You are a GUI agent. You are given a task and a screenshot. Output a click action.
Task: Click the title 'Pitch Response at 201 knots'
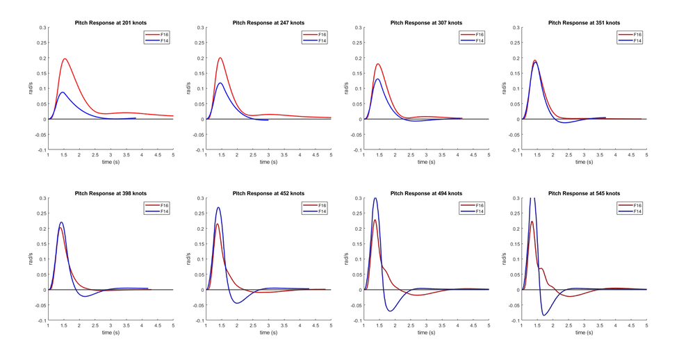tap(111, 22)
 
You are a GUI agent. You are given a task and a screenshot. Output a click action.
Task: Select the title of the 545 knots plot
tap(584, 193)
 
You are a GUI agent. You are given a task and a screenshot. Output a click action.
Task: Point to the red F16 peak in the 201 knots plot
tap(65, 59)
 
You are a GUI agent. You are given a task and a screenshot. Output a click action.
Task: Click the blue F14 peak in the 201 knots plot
tap(63, 92)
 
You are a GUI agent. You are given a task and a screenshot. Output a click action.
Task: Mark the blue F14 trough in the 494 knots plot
tap(391, 311)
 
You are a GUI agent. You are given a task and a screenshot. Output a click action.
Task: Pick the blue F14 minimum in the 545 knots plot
tap(544, 316)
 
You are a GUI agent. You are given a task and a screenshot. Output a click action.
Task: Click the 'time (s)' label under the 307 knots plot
tap(426, 162)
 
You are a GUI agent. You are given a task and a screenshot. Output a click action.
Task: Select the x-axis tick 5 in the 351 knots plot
tap(646, 155)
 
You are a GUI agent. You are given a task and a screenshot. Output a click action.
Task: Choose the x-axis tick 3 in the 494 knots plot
tap(426, 325)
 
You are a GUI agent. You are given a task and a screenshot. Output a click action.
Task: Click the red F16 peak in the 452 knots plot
tap(218, 224)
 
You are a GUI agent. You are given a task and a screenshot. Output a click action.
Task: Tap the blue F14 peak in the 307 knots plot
tap(377, 79)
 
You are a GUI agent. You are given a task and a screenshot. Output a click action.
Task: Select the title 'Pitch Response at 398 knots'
tap(111, 193)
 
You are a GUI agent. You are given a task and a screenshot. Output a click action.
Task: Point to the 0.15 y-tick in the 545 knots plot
tap(514, 244)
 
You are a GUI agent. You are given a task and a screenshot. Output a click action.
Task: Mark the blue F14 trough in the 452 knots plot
tap(237, 303)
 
